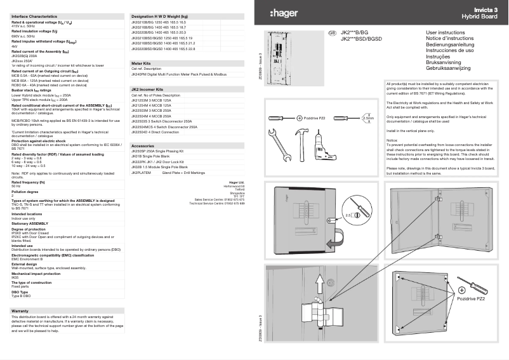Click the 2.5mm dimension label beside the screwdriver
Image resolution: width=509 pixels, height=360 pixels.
pos(367,117)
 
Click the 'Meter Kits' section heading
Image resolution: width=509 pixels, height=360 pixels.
pos(141,64)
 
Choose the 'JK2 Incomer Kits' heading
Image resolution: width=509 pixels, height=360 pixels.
pos(147,90)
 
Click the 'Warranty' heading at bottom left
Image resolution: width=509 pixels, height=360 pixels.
pos(20,310)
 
